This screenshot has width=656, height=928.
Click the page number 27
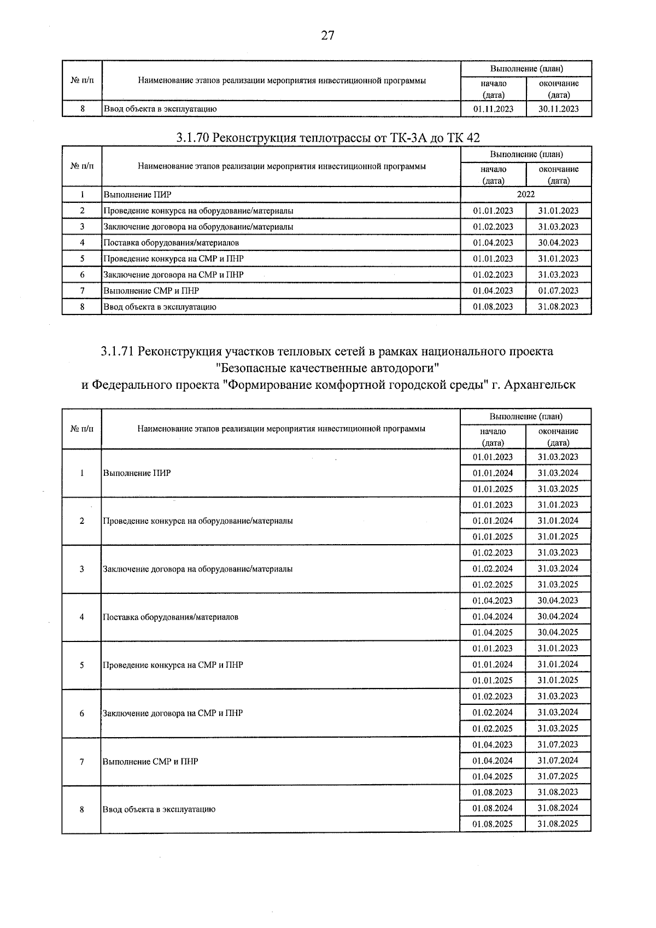(x=327, y=36)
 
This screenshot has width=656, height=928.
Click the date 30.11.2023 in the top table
(x=558, y=109)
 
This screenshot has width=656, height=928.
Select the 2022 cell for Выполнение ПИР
(x=525, y=194)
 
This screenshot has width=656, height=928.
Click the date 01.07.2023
(x=558, y=291)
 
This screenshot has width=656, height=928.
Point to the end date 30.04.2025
(x=558, y=632)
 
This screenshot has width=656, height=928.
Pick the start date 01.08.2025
(x=493, y=824)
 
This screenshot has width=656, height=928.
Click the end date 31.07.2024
(x=558, y=760)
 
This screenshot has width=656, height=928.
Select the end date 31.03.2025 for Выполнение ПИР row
(x=558, y=489)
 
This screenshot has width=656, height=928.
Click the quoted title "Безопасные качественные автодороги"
(x=327, y=368)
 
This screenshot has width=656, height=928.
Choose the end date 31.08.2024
(x=558, y=808)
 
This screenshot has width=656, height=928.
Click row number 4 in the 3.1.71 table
(x=82, y=617)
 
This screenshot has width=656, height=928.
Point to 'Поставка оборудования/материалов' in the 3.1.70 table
(x=171, y=243)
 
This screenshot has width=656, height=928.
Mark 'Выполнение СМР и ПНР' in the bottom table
(x=150, y=761)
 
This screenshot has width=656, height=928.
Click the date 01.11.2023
(x=493, y=109)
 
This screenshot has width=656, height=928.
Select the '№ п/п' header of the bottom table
(x=82, y=429)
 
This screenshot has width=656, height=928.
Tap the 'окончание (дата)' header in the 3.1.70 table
(x=558, y=174)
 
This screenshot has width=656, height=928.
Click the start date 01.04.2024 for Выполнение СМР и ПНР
(x=493, y=760)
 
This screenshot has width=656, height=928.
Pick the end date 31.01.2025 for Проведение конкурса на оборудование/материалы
(x=558, y=536)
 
